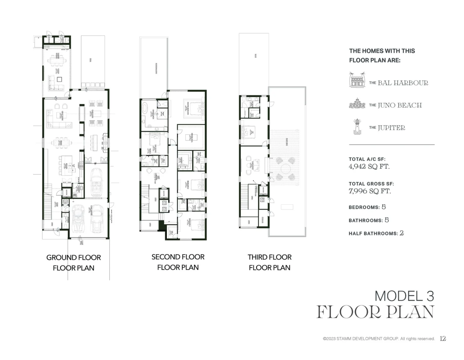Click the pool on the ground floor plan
pos(93,60)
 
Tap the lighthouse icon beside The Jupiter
pos(357,127)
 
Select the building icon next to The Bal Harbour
pos(357,80)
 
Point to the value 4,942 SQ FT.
pos(369,167)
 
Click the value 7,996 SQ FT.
pos(369,191)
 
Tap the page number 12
pos(443,339)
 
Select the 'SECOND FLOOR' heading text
pos(178,257)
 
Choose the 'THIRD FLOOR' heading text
pos(269,257)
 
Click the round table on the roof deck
pos(286,168)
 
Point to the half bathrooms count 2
pos(401,233)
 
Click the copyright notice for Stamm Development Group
pos(379,339)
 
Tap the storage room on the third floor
pos(263,221)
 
